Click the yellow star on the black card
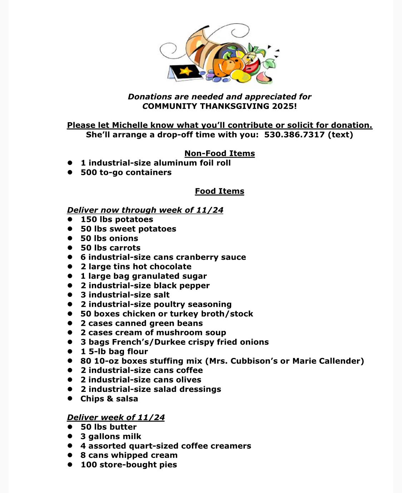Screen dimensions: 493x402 pos(185,70)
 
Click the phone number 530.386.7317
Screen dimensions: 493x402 pos(294,135)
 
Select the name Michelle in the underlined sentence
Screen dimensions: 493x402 pos(130,125)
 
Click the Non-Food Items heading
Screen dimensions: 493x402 pos(219,154)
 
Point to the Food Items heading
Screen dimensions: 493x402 pos(219,191)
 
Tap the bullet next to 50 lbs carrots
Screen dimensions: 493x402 pos(70,248)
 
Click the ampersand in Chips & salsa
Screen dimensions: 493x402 pos(109,399)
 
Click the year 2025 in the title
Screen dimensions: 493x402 pos(282,106)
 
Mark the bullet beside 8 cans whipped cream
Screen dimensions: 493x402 pos(70,455)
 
